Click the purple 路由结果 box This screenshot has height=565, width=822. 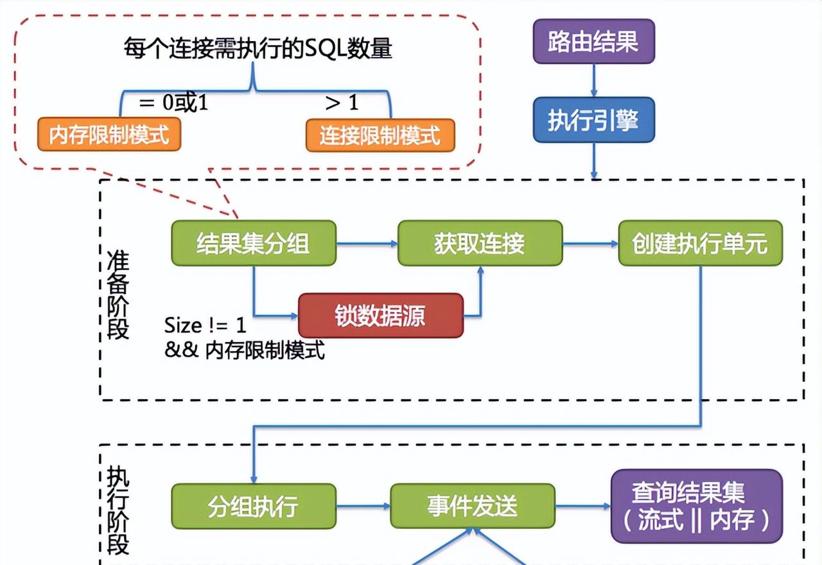593,42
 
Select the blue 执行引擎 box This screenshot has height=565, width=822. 593,120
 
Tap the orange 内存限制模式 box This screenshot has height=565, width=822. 109,135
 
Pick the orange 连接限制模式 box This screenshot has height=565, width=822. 380,135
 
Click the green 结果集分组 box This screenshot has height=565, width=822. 254,244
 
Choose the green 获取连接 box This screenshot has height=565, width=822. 480,244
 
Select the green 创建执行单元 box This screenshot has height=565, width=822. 700,244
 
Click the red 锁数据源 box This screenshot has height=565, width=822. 381,316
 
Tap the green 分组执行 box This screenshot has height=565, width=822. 254,507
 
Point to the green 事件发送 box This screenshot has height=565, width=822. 473,507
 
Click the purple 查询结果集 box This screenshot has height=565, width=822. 697,507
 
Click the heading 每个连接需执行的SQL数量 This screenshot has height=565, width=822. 258,49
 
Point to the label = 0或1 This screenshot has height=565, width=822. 173,103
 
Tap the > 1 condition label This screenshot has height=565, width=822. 342,103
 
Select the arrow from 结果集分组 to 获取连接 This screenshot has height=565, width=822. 367,244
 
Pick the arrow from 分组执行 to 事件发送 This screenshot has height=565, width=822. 363,507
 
